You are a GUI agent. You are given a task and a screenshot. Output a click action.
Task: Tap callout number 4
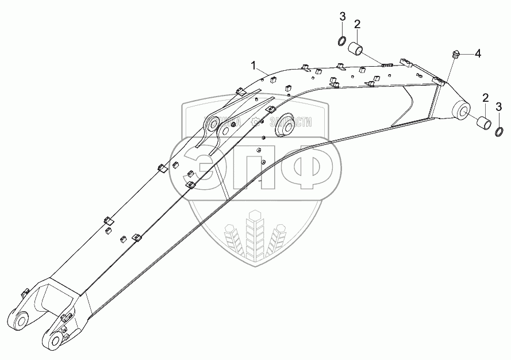tap(478, 53)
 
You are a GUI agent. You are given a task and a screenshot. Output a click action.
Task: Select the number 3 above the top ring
tap(342, 16)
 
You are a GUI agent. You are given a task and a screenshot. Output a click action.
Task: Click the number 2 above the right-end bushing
tap(485, 97)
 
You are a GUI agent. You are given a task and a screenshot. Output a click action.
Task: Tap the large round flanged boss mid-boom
tap(283, 129)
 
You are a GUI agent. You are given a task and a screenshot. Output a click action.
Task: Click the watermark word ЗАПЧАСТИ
tap(290, 121)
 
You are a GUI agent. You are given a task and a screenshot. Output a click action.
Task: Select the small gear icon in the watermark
tap(255, 121)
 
